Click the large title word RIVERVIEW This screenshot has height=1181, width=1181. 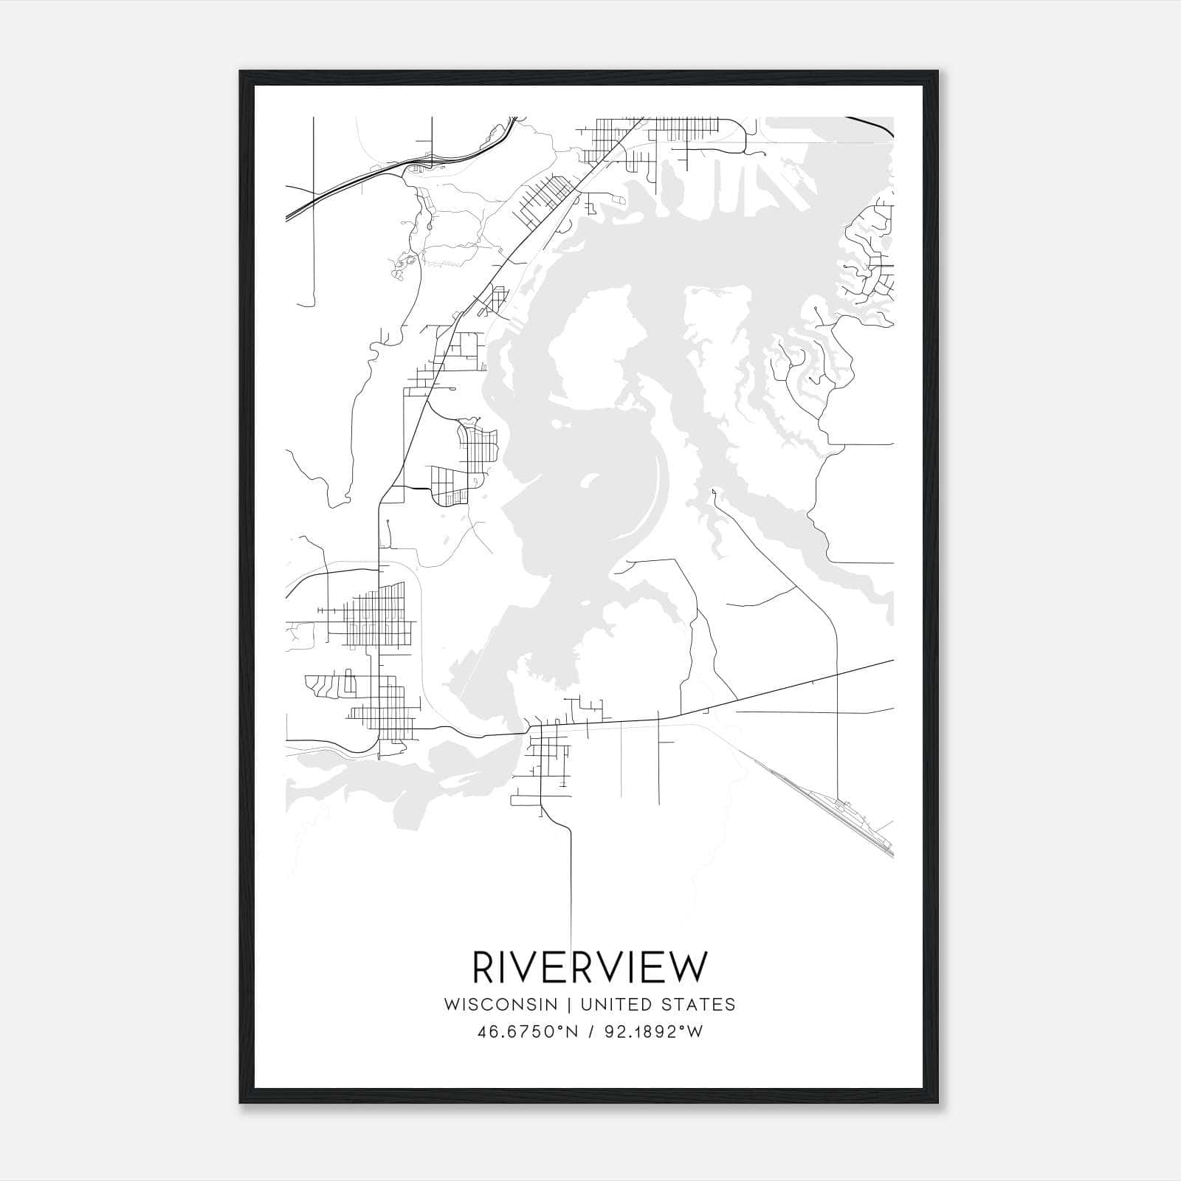pyautogui.click(x=590, y=968)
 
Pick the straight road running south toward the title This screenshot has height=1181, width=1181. pyautogui.click(x=571, y=886)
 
